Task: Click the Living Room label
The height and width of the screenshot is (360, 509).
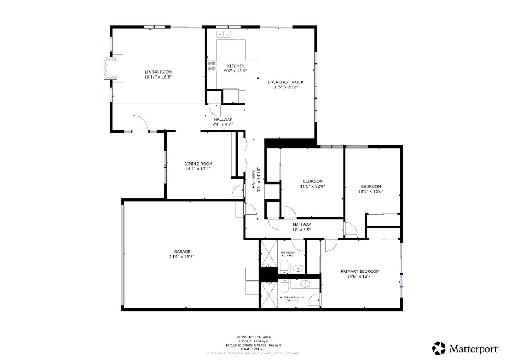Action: [x=158, y=72]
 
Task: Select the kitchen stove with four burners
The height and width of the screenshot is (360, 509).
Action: [x=212, y=66]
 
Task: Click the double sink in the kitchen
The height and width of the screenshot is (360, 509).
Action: [x=223, y=34]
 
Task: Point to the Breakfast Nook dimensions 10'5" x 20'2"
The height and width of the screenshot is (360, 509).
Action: [x=285, y=87]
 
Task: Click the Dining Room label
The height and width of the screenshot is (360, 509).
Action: [x=198, y=164]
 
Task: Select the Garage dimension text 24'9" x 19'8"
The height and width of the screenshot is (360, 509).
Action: [x=182, y=257]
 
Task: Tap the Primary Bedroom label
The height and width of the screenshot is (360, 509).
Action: [x=360, y=272]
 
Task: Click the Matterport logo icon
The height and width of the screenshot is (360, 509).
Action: [x=439, y=348]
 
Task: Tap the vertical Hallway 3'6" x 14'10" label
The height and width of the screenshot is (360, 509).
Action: [x=256, y=181]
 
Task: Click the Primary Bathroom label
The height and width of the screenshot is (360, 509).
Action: [x=292, y=297]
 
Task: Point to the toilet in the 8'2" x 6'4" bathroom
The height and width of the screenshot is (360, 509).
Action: [x=284, y=266]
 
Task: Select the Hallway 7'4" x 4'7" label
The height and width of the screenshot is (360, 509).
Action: [x=223, y=122]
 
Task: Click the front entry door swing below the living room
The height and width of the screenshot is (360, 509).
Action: [x=140, y=123]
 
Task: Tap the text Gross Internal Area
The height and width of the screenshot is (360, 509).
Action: [x=253, y=337]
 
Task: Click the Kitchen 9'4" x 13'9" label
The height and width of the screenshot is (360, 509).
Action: [x=235, y=68]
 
